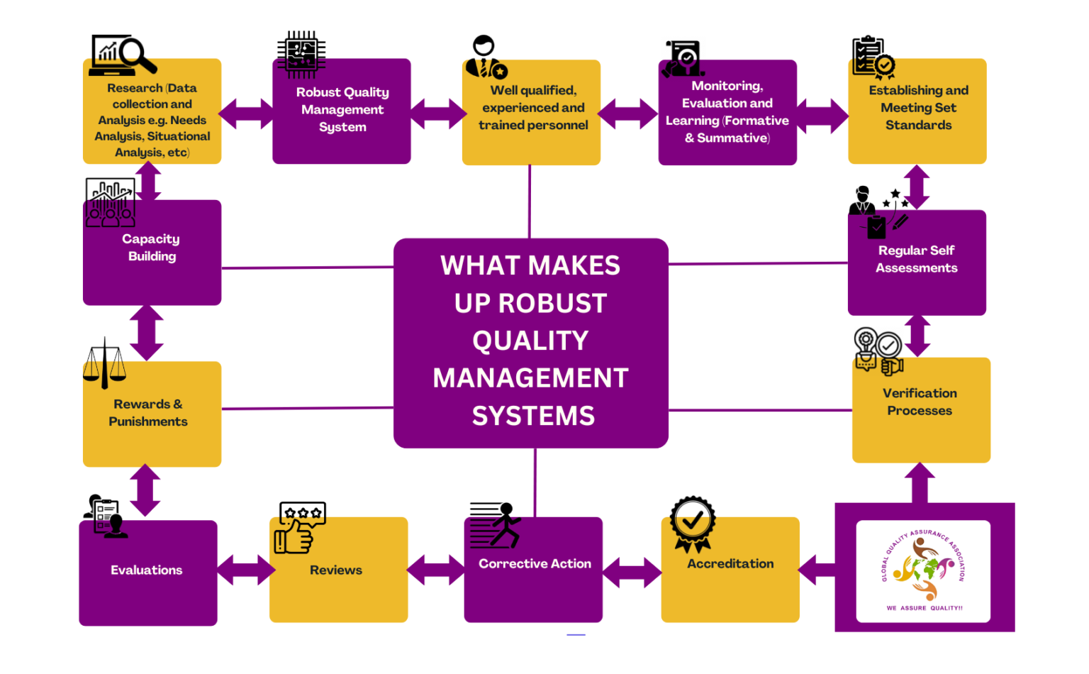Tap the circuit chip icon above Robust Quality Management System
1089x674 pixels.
[x=301, y=55]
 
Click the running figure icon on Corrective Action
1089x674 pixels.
[x=496, y=526]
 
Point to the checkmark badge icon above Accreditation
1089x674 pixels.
[x=693, y=524]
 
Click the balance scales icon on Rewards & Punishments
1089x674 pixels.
[x=104, y=363]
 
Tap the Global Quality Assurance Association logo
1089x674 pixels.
[x=923, y=570]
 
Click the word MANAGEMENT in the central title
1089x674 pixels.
[x=530, y=378]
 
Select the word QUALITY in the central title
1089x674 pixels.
[x=530, y=341]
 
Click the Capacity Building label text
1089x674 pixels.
[x=151, y=248]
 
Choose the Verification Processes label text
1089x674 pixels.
[x=920, y=402]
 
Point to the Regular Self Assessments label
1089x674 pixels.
[x=916, y=259]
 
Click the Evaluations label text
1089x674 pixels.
[x=147, y=570]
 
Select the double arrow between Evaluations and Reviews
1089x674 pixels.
[x=245, y=570]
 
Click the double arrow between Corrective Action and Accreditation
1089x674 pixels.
[x=632, y=572]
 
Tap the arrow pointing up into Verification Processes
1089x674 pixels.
[x=920, y=482]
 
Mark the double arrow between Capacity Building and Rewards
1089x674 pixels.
[x=147, y=333]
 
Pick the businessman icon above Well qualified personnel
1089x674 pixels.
[x=486, y=57]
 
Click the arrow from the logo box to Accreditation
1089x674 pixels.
[x=817, y=570]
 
